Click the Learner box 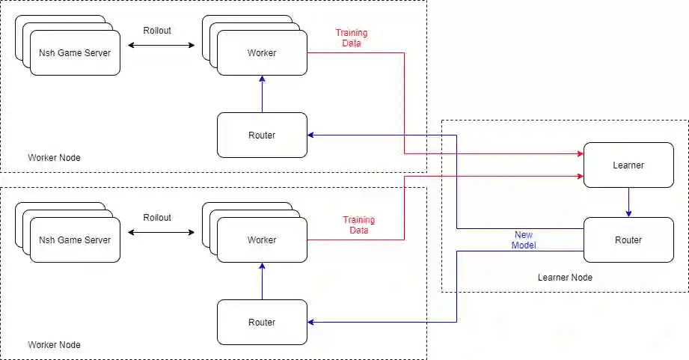(628, 165)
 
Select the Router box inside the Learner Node (628, 240)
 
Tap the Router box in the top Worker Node (262, 135)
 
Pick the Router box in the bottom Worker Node (262, 322)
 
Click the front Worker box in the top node (262, 52)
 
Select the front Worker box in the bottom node (262, 240)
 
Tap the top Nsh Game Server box (75, 52)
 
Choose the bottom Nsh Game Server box (75, 240)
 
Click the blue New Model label (524, 240)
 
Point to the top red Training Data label (352, 38)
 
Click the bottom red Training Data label (359, 225)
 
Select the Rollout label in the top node (157, 31)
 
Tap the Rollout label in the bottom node (157, 218)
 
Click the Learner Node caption (565, 278)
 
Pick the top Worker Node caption (54, 158)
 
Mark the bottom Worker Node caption (54, 345)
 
